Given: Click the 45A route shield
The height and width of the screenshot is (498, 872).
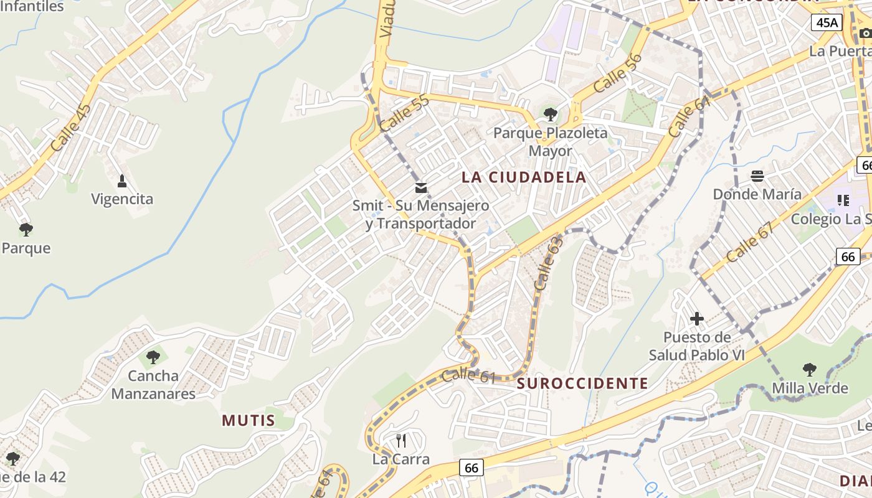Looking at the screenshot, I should coord(827,23).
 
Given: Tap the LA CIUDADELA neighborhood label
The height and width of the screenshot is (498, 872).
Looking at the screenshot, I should coord(524,177).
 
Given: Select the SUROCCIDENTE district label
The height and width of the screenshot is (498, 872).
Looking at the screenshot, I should coord(582,383).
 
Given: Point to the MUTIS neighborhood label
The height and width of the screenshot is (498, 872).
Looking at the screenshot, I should coord(249,420).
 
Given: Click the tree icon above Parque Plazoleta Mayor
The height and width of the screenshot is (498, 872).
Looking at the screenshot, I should coord(551,114).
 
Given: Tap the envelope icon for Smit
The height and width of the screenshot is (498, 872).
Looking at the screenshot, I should coord(421,187).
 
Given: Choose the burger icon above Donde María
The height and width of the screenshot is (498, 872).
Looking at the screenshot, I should coord(757,176).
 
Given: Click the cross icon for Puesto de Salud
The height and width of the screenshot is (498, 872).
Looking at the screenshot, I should coord(697,319).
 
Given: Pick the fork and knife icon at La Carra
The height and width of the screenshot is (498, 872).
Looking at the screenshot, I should coord(401,441).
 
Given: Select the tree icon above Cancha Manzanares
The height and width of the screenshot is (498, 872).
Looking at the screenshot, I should coord(153,357).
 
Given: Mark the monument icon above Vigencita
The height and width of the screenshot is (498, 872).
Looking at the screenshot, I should coord(122,181).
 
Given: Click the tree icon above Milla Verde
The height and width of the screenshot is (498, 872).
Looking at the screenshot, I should coord(810,370).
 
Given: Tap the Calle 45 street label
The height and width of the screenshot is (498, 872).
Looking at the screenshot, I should coord(71,128).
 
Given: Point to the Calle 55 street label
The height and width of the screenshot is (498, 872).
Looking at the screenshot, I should coord(404,113).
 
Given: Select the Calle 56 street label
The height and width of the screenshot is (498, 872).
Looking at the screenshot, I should coord(618,73).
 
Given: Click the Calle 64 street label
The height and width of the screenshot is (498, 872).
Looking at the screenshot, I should coord(690,117).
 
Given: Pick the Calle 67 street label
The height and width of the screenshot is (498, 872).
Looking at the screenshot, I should coord(750,242).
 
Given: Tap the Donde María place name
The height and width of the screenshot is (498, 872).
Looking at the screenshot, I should coord(757,194).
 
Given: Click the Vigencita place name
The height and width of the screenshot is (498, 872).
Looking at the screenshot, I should coord(122,199).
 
